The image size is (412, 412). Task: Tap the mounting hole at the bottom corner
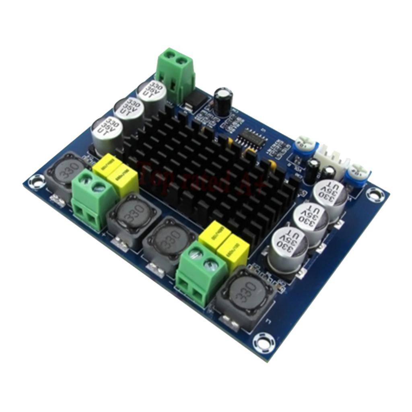tap(262, 343)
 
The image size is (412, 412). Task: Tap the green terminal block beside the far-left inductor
tap(91, 200)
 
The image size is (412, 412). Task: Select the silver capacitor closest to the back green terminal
tap(152, 97)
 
